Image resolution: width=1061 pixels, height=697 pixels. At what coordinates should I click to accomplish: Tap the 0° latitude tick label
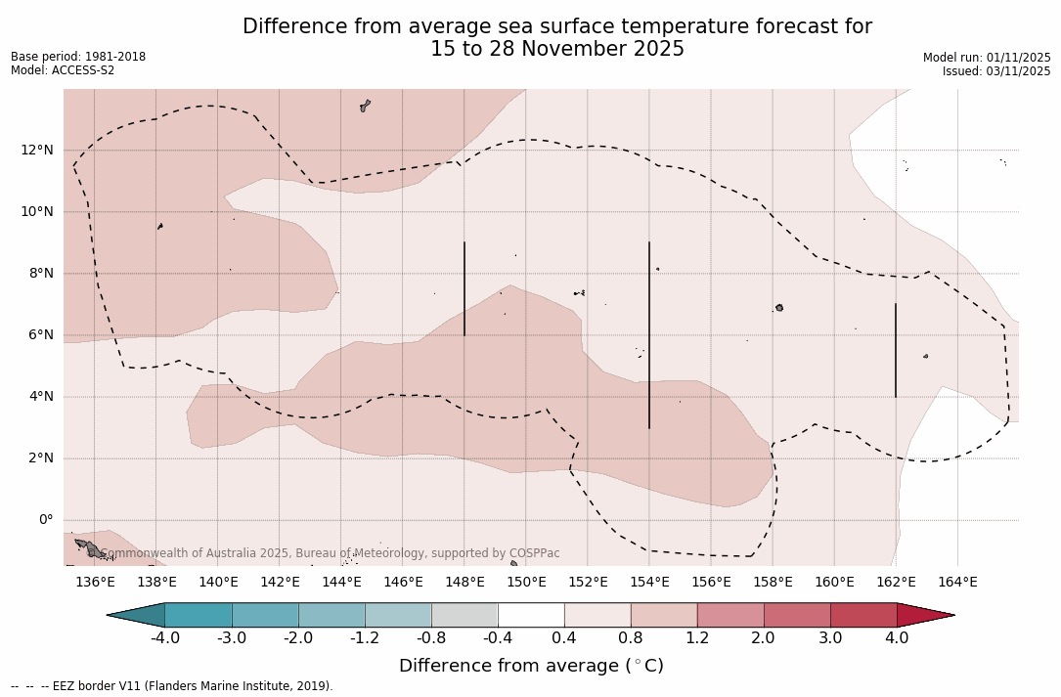click(x=46, y=520)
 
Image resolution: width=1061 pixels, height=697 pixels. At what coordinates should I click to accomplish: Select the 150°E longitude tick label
click(x=526, y=583)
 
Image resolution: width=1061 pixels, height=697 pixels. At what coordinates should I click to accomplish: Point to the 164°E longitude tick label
click(x=957, y=583)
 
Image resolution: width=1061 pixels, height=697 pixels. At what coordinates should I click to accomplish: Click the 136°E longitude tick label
click(x=95, y=583)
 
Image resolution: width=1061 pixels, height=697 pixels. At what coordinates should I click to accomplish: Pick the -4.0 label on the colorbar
click(x=165, y=638)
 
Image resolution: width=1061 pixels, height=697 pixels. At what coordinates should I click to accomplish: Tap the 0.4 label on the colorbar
click(x=564, y=638)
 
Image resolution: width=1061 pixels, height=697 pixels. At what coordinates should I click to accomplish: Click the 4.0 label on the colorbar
click(x=897, y=638)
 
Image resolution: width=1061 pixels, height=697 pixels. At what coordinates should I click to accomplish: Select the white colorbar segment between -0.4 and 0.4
click(x=531, y=615)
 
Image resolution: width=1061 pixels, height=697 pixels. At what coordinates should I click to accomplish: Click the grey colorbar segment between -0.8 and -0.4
click(x=464, y=615)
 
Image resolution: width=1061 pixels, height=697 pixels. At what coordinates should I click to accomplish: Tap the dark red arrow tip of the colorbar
click(x=924, y=615)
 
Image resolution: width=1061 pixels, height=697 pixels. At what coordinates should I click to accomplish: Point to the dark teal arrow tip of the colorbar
click(x=137, y=615)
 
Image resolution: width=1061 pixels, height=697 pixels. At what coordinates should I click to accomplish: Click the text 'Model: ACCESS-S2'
click(x=63, y=70)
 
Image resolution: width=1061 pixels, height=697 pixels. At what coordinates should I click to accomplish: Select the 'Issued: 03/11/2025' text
click(x=996, y=71)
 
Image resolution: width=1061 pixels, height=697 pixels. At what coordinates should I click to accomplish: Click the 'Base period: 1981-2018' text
click(x=78, y=57)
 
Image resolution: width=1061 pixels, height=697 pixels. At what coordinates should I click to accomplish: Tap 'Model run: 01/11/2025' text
click(x=987, y=58)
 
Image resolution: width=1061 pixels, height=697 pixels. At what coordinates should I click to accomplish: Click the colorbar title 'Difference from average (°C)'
click(x=531, y=666)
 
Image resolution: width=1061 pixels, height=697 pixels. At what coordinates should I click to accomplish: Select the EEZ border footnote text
click(x=172, y=686)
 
